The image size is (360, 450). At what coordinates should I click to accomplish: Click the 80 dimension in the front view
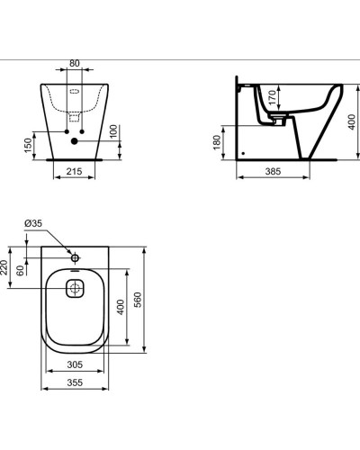(x=75, y=64)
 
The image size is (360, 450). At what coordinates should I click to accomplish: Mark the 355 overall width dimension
(x=76, y=383)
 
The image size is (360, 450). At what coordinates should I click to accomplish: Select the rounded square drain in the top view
(x=75, y=287)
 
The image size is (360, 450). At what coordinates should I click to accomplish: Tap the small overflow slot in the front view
(x=75, y=90)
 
